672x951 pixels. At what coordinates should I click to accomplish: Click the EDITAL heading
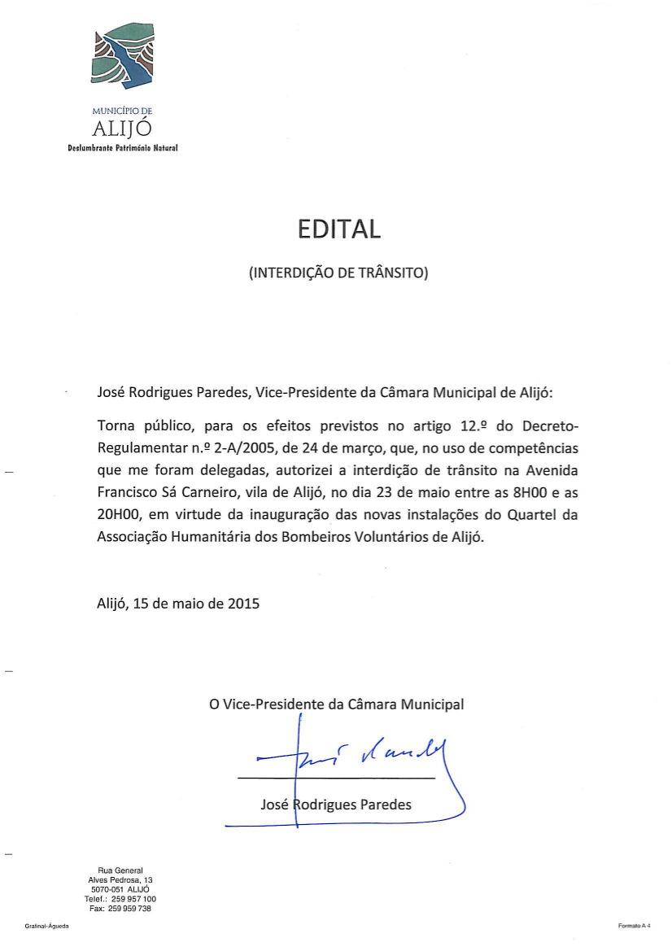pyautogui.click(x=338, y=229)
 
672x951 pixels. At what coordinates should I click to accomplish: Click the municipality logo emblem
pyautogui.click(x=123, y=57)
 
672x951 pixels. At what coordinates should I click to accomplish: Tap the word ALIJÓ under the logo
pyautogui.click(x=123, y=129)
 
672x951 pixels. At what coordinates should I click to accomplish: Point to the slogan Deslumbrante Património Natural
pyautogui.click(x=123, y=148)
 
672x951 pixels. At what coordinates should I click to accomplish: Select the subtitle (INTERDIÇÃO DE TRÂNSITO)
pyautogui.click(x=338, y=273)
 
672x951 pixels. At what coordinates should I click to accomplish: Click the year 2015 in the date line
pyautogui.click(x=243, y=604)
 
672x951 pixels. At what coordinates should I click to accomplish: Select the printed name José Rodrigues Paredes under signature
pyautogui.click(x=336, y=805)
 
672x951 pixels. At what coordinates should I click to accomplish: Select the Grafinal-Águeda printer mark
pyautogui.click(x=46, y=927)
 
